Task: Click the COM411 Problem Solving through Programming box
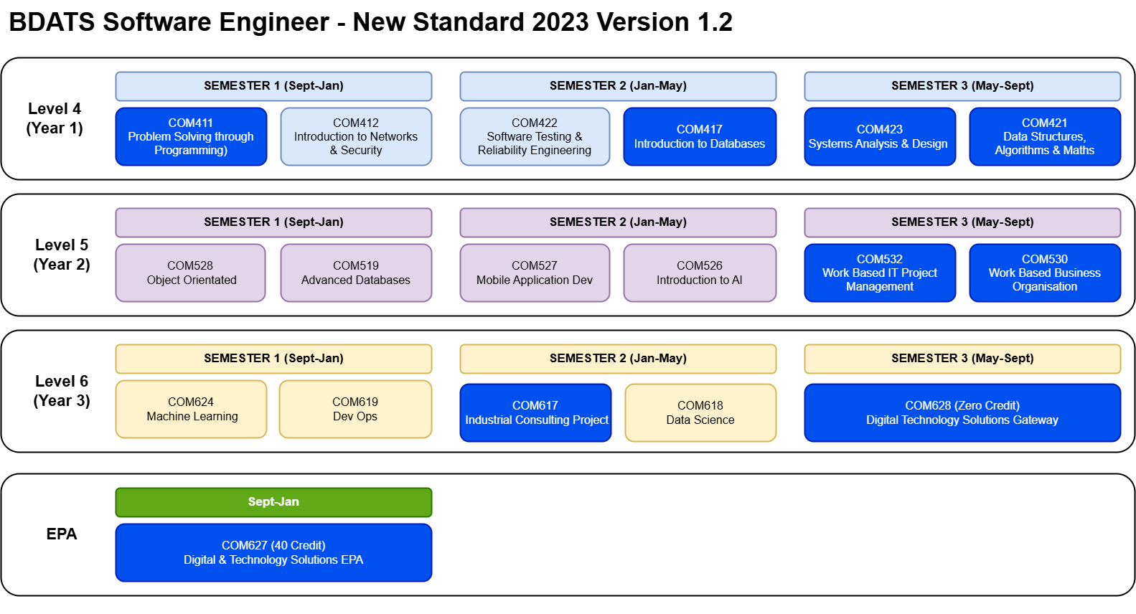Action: [191, 136]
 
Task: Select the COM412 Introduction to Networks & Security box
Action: [356, 136]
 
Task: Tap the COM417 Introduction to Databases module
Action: [700, 136]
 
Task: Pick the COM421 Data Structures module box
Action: [1045, 136]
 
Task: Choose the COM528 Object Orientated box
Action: [191, 273]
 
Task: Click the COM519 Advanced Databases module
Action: [356, 273]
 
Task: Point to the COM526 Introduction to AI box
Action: [700, 273]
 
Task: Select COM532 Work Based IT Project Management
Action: [880, 273]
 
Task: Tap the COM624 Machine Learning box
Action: [191, 409]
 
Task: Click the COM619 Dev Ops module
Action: [355, 409]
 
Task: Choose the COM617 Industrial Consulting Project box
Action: [535, 412]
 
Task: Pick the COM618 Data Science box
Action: [700, 412]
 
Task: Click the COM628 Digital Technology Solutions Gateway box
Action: [962, 412]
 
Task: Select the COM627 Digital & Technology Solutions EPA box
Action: [274, 552]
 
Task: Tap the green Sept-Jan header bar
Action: [274, 502]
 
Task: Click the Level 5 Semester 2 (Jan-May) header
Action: [618, 222]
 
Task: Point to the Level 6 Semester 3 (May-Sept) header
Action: [962, 359]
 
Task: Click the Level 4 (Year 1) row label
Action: [55, 118]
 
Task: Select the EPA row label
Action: [62, 534]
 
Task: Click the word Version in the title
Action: [643, 22]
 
